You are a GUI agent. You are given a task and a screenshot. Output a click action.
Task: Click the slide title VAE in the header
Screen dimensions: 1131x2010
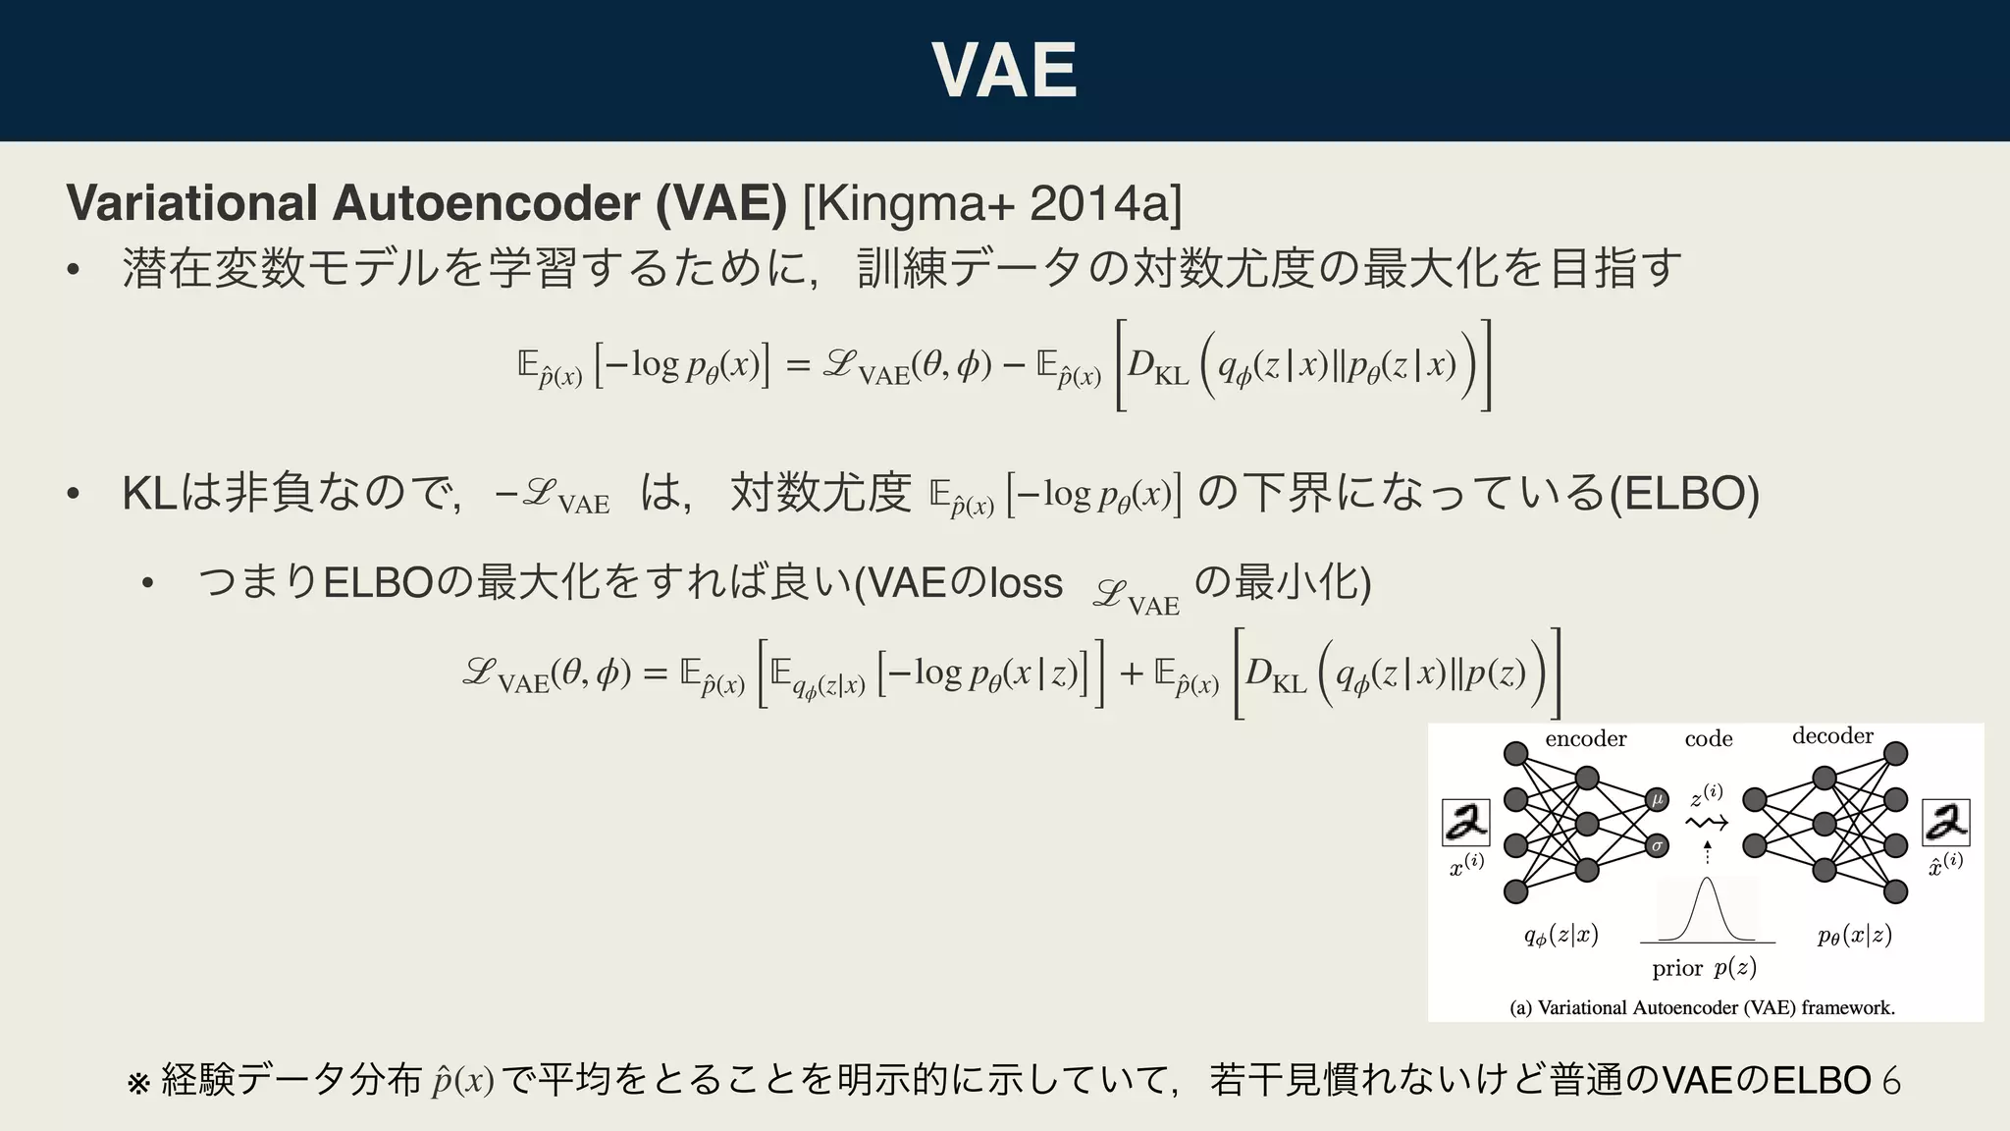click(1004, 70)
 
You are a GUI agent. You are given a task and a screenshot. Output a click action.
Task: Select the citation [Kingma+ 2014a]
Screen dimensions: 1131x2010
click(992, 203)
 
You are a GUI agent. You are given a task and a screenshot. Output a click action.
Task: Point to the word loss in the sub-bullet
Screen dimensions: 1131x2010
click(1026, 583)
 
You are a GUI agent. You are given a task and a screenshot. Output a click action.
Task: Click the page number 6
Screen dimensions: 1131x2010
click(1891, 1081)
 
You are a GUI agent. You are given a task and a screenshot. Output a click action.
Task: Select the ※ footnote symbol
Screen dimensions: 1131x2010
click(138, 1083)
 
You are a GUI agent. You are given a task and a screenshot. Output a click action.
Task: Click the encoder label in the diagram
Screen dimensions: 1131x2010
click(1585, 739)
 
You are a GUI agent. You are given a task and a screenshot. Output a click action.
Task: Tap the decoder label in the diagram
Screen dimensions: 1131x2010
click(1832, 736)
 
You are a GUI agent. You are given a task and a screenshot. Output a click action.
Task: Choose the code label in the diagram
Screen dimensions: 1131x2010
click(1709, 739)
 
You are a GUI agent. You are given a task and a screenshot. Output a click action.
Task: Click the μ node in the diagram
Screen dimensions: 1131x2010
click(1658, 799)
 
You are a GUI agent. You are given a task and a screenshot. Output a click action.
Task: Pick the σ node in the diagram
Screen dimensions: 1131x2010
click(1658, 845)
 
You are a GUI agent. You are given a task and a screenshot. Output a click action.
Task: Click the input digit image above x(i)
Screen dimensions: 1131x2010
click(1466, 822)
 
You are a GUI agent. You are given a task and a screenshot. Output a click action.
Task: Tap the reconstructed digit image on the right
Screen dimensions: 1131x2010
click(1945, 822)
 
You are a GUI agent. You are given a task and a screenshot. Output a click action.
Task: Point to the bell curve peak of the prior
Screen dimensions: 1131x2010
click(1708, 881)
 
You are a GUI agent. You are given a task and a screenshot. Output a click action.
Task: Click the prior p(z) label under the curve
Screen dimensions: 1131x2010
click(1704, 968)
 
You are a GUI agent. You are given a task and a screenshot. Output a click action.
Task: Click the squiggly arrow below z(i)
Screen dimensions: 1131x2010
click(1707, 823)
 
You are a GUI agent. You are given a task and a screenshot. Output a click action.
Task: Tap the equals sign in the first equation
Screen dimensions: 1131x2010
click(798, 366)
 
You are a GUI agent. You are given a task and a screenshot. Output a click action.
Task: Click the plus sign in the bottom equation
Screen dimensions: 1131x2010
click(1132, 673)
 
